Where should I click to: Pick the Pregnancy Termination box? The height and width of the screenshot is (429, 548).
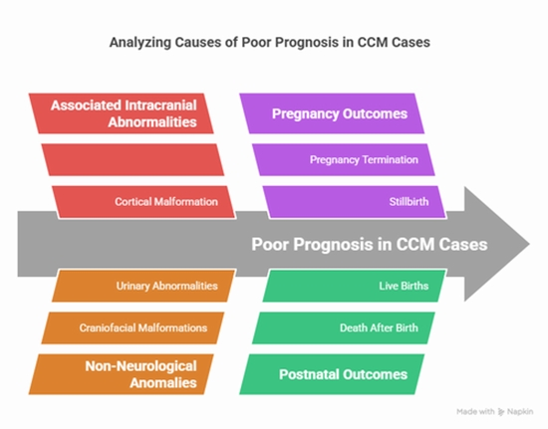point(339,159)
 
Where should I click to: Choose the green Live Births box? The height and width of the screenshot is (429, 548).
point(344,286)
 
